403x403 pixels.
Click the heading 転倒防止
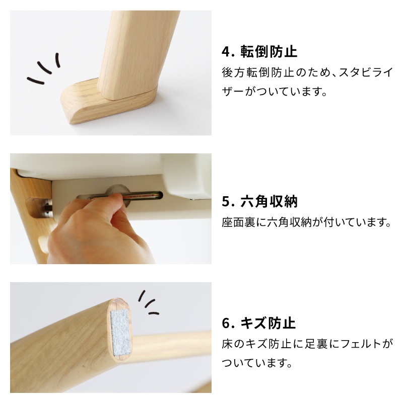(x=269, y=52)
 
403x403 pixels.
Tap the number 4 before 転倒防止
(x=226, y=52)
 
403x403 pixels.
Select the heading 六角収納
(x=269, y=201)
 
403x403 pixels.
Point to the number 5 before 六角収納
(x=226, y=201)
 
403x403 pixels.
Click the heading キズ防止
(x=268, y=323)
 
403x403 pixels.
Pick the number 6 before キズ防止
(x=226, y=324)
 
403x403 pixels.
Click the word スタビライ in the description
(x=366, y=72)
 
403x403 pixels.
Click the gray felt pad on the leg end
(x=120, y=333)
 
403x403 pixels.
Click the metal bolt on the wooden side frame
(x=48, y=207)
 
